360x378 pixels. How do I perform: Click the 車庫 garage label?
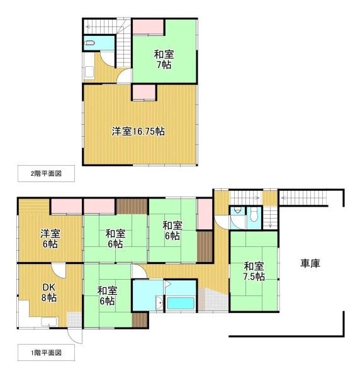[x=310, y=263]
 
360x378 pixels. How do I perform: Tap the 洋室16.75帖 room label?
[x=138, y=132]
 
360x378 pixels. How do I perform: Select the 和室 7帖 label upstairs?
[x=164, y=59]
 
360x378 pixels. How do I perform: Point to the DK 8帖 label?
[x=49, y=292]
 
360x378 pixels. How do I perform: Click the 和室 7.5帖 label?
[x=254, y=272]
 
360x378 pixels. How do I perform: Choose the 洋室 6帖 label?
[x=50, y=239]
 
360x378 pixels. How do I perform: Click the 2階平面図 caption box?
[x=46, y=174]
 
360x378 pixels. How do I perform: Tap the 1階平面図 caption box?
[x=46, y=353]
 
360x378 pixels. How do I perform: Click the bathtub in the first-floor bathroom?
[x=181, y=303]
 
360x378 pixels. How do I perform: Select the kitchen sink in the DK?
[x=49, y=322]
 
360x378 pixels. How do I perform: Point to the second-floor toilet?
[x=89, y=43]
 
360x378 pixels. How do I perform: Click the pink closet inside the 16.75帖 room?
[x=144, y=92]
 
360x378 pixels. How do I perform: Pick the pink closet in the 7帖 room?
[x=149, y=26]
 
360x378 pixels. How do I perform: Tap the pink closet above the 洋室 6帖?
[x=67, y=207]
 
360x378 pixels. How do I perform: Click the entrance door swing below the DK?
[x=75, y=336]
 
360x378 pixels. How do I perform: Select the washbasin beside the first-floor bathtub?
[x=159, y=302]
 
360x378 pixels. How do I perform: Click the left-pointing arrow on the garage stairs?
[x=284, y=198]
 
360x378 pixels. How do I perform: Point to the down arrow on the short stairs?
[x=270, y=226]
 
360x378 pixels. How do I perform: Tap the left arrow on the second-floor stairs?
[x=89, y=26]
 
